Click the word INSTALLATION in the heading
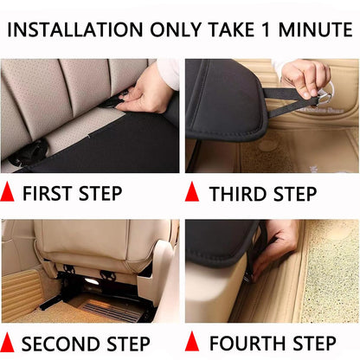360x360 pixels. pyautogui.click(x=75, y=29)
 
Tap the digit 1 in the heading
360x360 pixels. pyautogui.click(x=267, y=29)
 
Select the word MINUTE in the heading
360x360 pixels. pyautogui.click(x=315, y=29)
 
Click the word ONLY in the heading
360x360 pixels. pyautogui.click(x=175, y=29)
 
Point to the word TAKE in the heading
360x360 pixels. pyautogui.click(x=231, y=29)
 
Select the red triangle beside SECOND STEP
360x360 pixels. pyautogui.click(x=7, y=342)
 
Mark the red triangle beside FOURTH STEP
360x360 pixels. pyautogui.click(x=192, y=342)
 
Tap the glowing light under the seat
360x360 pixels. pyautogui.click(x=91, y=282)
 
